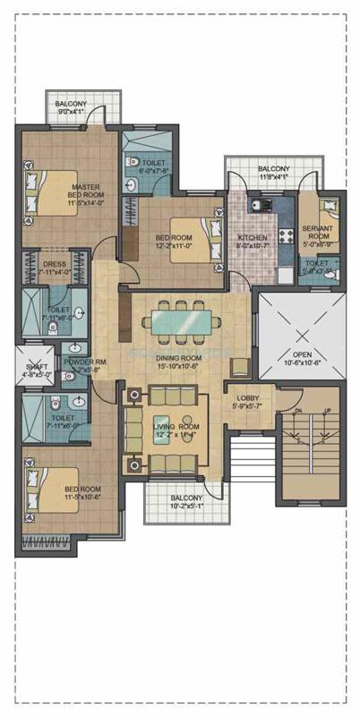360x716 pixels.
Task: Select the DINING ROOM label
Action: pos(180,357)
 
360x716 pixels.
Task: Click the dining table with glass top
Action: pos(184,321)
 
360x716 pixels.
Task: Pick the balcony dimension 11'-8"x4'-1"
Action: pos(274,176)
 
